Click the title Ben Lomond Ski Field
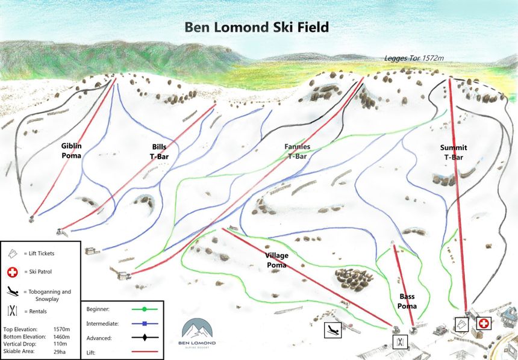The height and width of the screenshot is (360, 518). pyautogui.click(x=257, y=27)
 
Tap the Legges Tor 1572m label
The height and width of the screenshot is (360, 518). pyautogui.click(x=414, y=58)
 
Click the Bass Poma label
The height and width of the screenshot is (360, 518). pyautogui.click(x=407, y=301)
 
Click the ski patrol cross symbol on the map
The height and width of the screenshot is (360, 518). pyautogui.click(x=483, y=324)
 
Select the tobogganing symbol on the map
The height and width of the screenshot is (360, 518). pyautogui.click(x=332, y=329)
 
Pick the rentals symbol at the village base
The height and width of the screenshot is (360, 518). pyautogui.click(x=400, y=342)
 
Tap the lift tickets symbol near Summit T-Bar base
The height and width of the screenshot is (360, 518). pyautogui.click(x=462, y=324)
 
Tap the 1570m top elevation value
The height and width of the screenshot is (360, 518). pyautogui.click(x=61, y=329)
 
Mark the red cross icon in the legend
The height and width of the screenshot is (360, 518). pyautogui.click(x=12, y=273)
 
